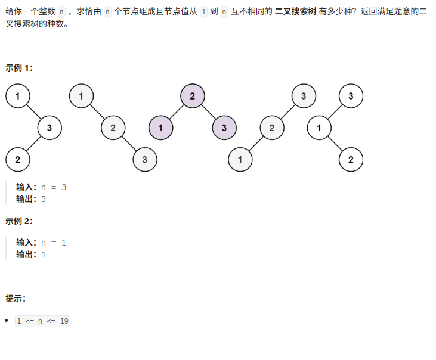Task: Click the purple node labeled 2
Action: pyautogui.click(x=193, y=95)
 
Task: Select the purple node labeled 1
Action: pyautogui.click(x=160, y=128)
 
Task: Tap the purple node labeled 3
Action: pyautogui.click(x=224, y=128)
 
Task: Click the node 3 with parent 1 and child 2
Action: pyautogui.click(x=50, y=128)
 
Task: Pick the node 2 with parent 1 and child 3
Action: pyautogui.click(x=113, y=128)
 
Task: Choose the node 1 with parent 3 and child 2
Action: pyautogui.click(x=319, y=128)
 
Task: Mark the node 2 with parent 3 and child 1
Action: pyautogui.click(x=272, y=128)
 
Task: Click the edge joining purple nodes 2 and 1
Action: pyautogui.click(x=177, y=111)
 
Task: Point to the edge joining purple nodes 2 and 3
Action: pyautogui.click(x=209, y=111)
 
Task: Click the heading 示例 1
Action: pyautogui.click(x=19, y=68)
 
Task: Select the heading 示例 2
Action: pyautogui.click(x=19, y=221)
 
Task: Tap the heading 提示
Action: pyautogui.click(x=16, y=298)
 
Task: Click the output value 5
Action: pyautogui.click(x=44, y=199)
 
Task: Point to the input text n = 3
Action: pyautogui.click(x=54, y=187)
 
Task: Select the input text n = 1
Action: pyautogui.click(x=54, y=243)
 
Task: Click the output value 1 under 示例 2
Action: pyautogui.click(x=44, y=255)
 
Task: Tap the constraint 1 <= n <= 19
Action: pyautogui.click(x=43, y=321)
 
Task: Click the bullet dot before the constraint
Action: pyautogui.click(x=7, y=321)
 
